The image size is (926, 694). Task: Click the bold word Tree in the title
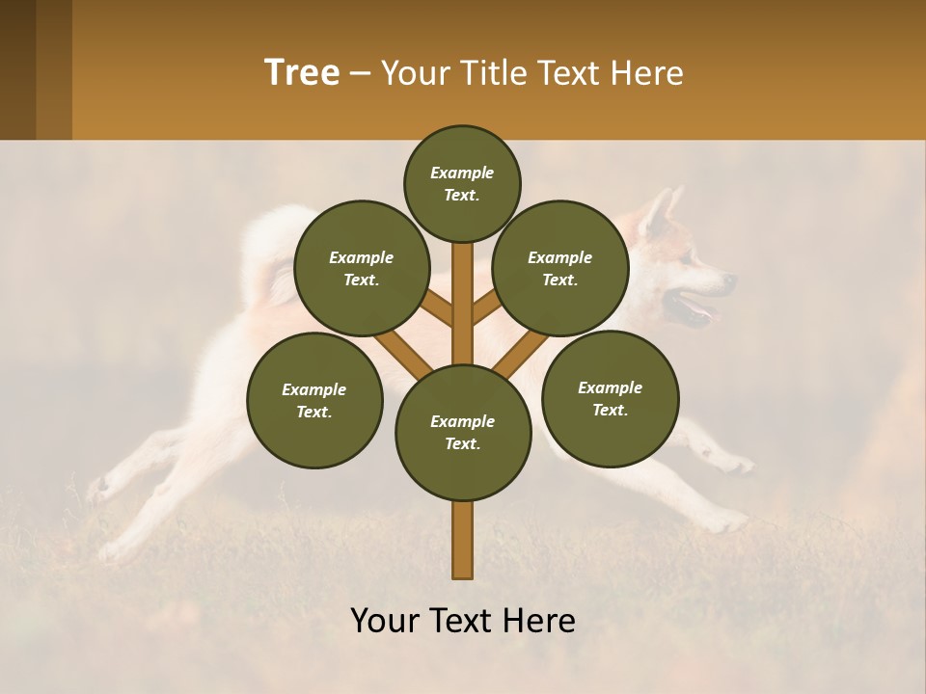[302, 73]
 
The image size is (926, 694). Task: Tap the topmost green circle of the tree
[462, 183]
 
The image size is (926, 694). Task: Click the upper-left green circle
[362, 268]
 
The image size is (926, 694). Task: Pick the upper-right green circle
[560, 268]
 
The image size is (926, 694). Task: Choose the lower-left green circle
[314, 400]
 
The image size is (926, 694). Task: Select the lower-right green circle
[610, 398]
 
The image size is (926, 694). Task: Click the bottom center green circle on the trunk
[463, 432]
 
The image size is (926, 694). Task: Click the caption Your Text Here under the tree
[463, 621]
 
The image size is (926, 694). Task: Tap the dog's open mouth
[696, 311]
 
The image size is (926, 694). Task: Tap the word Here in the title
[646, 73]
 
